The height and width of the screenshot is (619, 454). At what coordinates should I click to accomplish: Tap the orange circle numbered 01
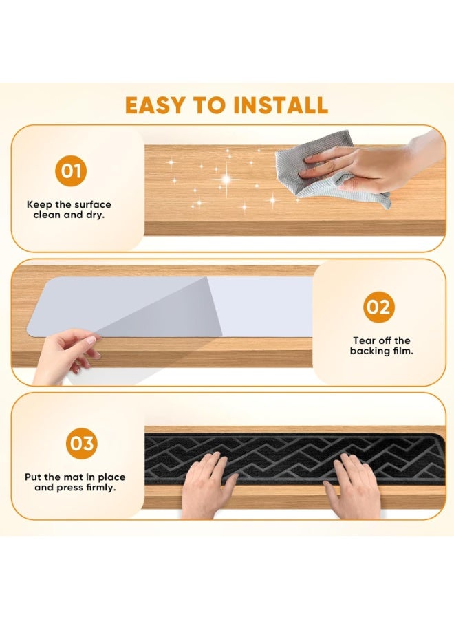pyautogui.click(x=69, y=171)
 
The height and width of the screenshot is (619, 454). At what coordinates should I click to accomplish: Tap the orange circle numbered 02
pyautogui.click(x=378, y=307)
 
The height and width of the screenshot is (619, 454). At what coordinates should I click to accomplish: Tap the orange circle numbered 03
pyautogui.click(x=81, y=444)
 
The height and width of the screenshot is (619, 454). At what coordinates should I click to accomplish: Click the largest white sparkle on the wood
pyautogui.click(x=225, y=180)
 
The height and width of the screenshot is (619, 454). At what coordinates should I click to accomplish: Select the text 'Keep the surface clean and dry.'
pyautogui.click(x=69, y=209)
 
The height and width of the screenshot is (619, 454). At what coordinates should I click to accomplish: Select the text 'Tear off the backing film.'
pyautogui.click(x=382, y=346)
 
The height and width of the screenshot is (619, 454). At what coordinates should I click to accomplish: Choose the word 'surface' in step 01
pyautogui.click(x=92, y=204)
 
